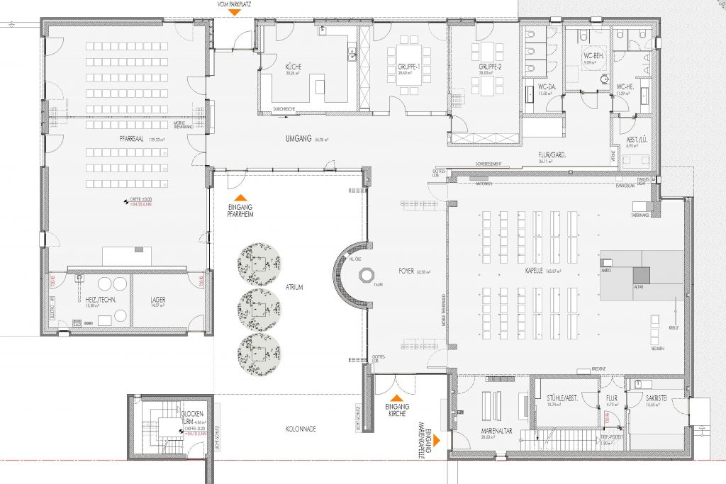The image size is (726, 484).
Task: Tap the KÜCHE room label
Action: coord(274,66)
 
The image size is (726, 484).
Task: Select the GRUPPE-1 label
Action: coord(405,66)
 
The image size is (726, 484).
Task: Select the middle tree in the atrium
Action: coord(259,305)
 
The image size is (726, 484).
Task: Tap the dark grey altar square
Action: coord(640,274)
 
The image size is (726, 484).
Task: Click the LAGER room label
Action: coord(158,300)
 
